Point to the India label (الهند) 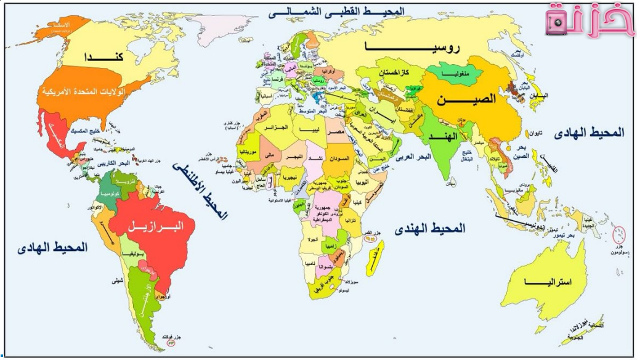pos(443,135)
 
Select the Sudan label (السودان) pos(339,158)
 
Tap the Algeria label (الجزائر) pos(276,128)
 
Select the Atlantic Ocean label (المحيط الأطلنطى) pos(200,190)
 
